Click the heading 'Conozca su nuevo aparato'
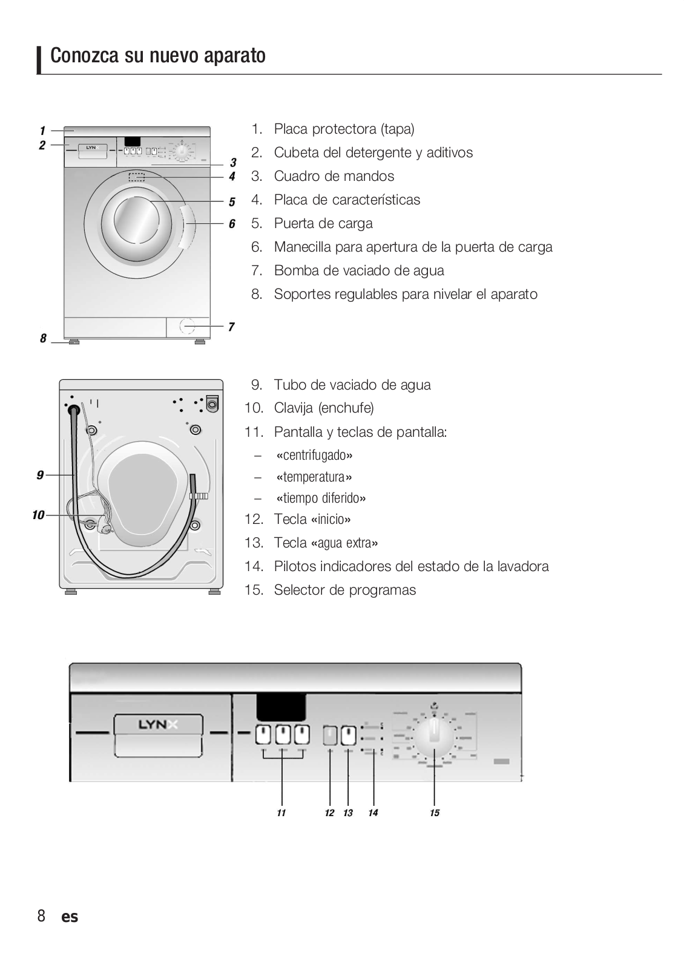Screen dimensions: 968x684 click(158, 56)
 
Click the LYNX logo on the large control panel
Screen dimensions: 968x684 click(157, 725)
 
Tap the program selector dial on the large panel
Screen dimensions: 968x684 click(434, 737)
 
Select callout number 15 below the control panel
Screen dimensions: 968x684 click(435, 813)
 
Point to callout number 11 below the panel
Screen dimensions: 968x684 click(281, 813)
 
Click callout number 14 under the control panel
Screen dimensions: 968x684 click(373, 813)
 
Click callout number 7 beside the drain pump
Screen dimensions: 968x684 click(231, 327)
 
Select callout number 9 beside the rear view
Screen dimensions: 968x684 click(40, 476)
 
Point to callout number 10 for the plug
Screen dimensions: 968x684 click(38, 515)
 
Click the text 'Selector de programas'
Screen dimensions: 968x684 click(344, 590)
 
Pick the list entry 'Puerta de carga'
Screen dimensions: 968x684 click(323, 223)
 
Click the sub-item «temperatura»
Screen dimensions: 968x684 click(314, 477)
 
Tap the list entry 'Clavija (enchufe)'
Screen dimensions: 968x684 click(324, 408)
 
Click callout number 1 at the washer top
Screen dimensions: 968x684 click(42, 131)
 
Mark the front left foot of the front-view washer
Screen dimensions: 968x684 click(74, 342)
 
